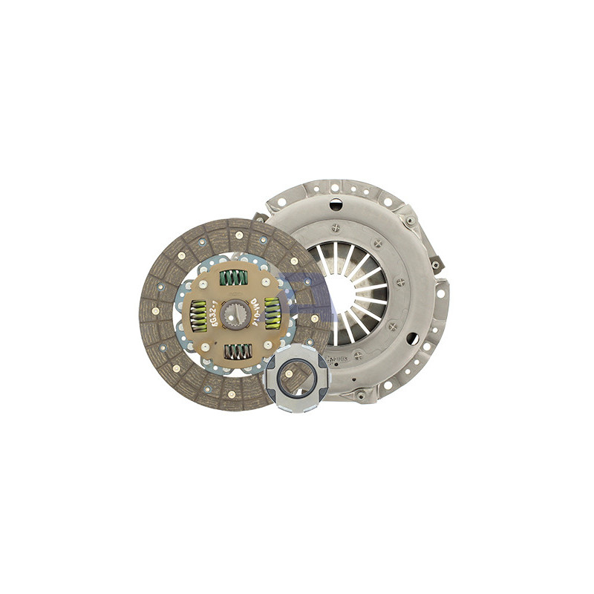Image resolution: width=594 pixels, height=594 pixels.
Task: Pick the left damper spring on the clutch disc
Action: tap(198, 316)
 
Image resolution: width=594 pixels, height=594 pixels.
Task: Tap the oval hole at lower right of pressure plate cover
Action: tap(413, 339)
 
